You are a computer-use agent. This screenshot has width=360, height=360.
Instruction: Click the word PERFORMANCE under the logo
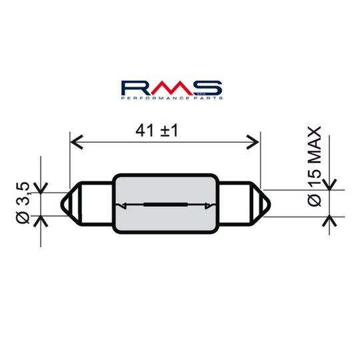(x=155, y=99)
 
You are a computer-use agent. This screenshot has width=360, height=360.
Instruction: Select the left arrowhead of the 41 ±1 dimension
(x=75, y=141)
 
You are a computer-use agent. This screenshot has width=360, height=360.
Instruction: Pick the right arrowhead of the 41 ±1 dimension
(x=254, y=141)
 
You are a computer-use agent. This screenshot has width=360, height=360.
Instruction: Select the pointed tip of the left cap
(x=64, y=204)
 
